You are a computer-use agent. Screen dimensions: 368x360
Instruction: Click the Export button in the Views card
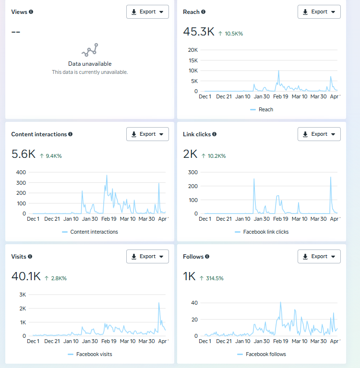(x=147, y=12)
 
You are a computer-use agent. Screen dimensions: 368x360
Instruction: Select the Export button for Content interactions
(x=147, y=134)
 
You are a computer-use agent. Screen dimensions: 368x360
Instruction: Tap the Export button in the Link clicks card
(x=319, y=134)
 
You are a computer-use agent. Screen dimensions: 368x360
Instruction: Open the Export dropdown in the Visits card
(x=147, y=257)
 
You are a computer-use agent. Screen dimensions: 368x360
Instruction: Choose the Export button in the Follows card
(x=319, y=257)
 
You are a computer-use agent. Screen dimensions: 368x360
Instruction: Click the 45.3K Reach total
(x=199, y=32)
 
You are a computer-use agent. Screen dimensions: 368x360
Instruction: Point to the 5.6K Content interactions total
(x=23, y=154)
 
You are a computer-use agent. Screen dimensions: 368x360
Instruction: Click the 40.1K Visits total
(x=26, y=277)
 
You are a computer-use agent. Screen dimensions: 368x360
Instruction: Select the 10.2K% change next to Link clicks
(x=214, y=156)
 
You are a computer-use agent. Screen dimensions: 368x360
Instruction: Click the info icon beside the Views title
(x=31, y=12)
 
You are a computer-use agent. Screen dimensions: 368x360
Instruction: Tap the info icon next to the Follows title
(x=207, y=257)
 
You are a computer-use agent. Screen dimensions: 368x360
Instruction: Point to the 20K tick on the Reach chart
(x=192, y=50)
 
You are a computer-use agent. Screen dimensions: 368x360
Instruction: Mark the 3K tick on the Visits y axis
(x=23, y=295)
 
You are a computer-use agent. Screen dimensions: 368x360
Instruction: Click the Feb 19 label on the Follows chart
(x=281, y=341)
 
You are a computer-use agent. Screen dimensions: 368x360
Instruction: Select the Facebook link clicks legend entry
(x=266, y=232)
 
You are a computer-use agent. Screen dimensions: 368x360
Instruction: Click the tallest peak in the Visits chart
(x=159, y=303)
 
